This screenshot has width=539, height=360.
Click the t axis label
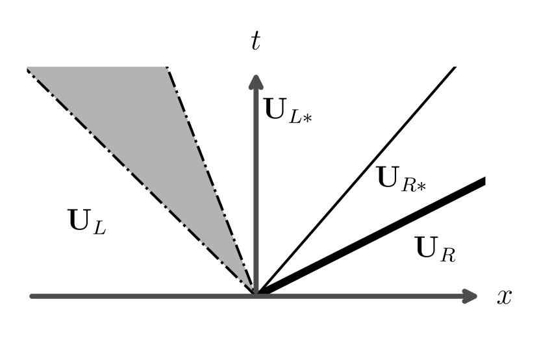(257, 42)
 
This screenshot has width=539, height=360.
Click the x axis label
(504, 297)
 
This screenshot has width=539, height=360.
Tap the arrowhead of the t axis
(256, 82)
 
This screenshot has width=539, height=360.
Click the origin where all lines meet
(256, 295)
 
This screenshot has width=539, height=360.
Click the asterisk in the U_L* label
(308, 118)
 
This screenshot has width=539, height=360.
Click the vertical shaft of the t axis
(256, 195)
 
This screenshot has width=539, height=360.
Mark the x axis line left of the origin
(130, 296)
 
